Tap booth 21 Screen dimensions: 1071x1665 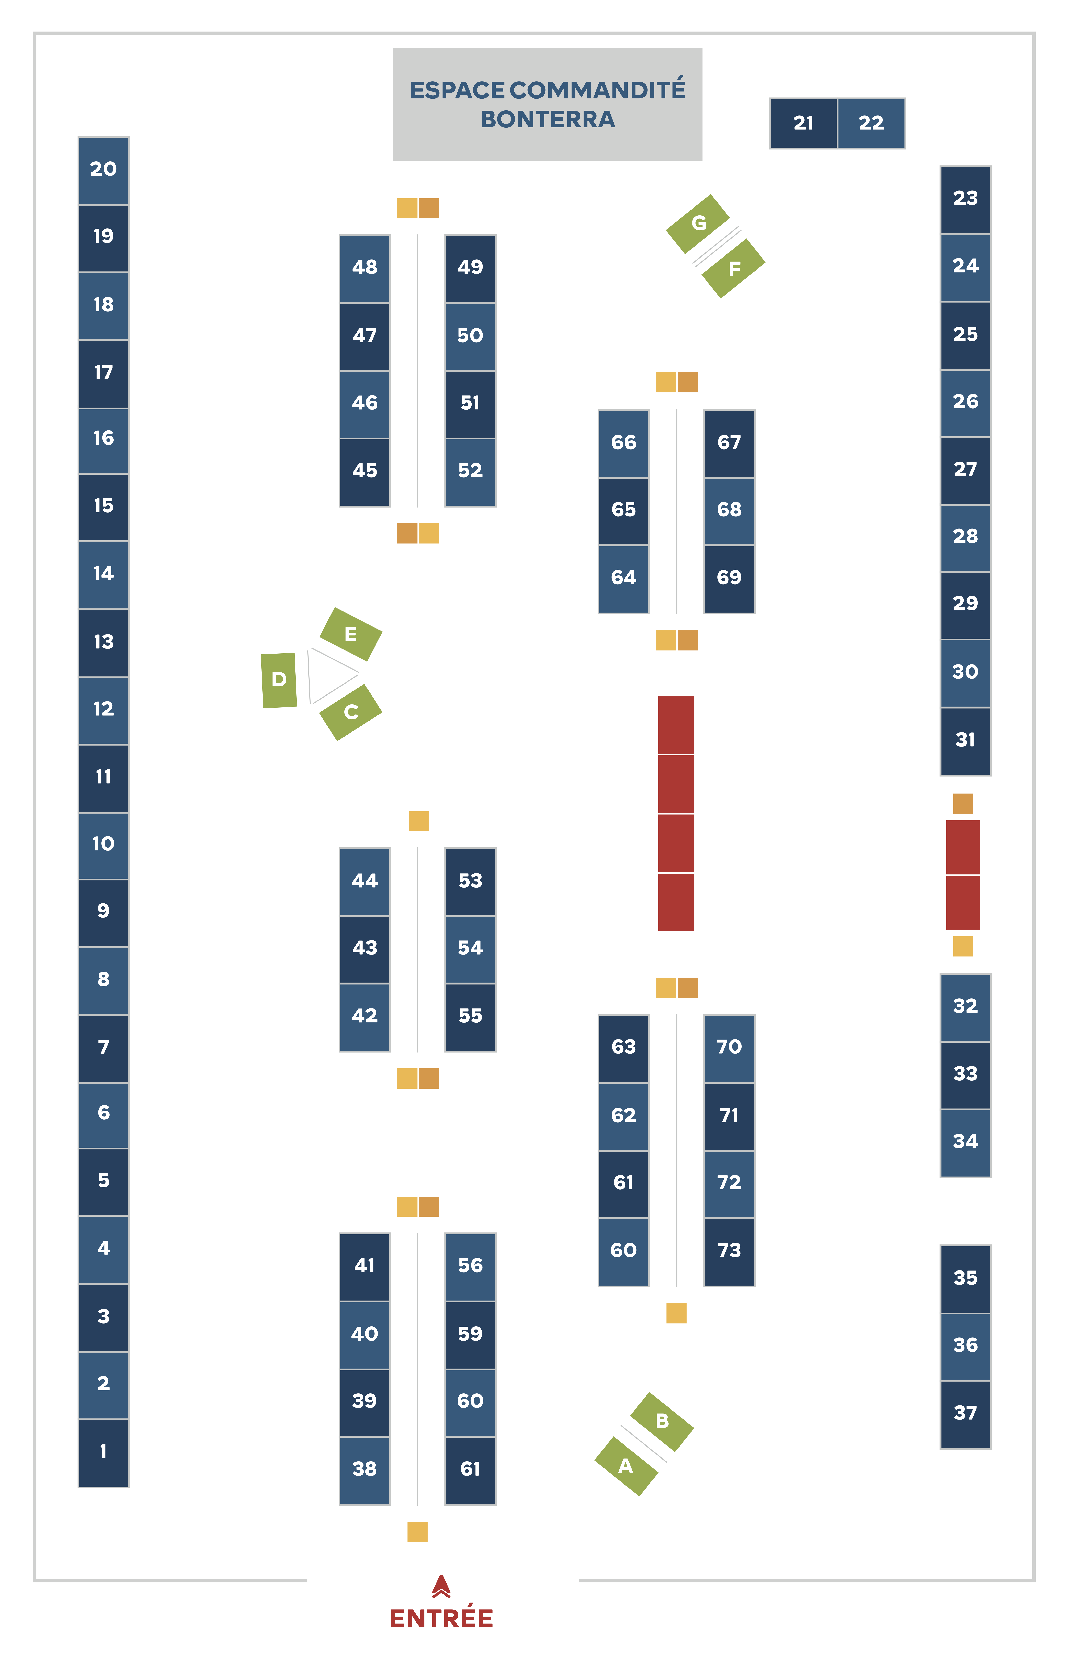coord(803,123)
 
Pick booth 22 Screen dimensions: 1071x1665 coord(871,123)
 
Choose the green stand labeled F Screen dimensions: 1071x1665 coord(734,268)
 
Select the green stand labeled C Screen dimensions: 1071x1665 coord(350,712)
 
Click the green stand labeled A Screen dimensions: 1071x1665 coord(626,1465)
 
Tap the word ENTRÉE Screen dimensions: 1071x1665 coord(441,1618)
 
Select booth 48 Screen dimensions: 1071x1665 coord(364,267)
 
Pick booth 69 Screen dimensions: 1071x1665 coord(729,578)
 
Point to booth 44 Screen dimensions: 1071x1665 coord(364,881)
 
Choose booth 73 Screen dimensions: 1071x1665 coord(729,1251)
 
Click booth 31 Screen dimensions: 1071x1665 coord(965,740)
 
